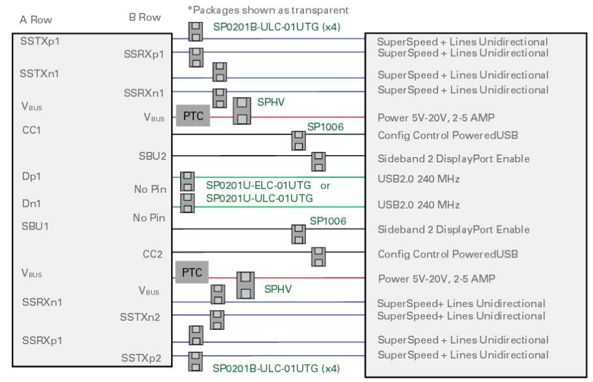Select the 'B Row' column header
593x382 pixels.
[145, 18]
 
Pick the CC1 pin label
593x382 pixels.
[31, 130]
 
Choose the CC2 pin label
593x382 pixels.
[152, 254]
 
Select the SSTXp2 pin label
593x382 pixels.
[143, 357]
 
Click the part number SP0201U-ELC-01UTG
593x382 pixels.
[258, 185]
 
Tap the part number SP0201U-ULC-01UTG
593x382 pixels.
[259, 198]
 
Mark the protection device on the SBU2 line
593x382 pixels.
[319, 161]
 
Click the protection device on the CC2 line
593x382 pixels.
[319, 256]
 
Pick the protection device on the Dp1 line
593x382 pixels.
[187, 181]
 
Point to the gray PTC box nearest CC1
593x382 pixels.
[191, 116]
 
